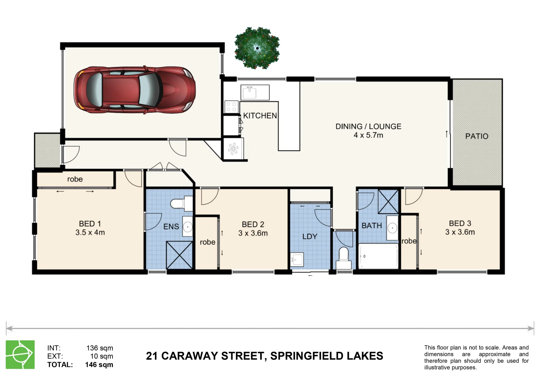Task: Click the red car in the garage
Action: click(134, 90)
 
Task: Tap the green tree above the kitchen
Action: click(257, 48)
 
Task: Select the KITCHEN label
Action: click(260, 116)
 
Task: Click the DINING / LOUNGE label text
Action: click(368, 126)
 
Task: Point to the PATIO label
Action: click(476, 136)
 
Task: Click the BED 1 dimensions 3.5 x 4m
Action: click(90, 233)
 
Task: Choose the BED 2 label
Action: click(253, 224)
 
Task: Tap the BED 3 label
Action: click(460, 223)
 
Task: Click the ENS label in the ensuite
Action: click(171, 227)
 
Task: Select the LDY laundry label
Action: click(309, 236)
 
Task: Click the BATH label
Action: click(371, 225)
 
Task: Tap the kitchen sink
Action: click(255, 92)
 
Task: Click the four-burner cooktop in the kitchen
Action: click(232, 107)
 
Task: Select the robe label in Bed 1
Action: click(75, 179)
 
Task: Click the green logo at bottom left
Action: click(20, 354)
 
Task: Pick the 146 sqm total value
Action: click(99, 365)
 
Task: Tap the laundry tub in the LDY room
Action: click(297, 259)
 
